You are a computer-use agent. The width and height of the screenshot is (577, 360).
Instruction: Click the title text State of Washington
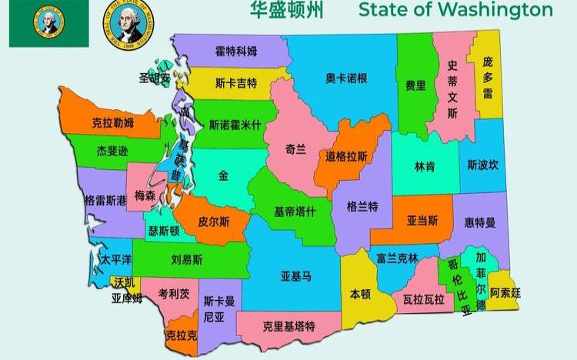click(455, 10)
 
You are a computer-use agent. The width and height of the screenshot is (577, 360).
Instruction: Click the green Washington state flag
click(48, 24)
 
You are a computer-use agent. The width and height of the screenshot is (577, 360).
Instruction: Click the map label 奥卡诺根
click(345, 78)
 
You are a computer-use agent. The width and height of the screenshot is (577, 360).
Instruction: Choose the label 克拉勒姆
click(112, 122)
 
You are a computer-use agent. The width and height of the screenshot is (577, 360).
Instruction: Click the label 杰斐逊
click(112, 151)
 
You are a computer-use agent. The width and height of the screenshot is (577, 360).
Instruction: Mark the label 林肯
click(425, 165)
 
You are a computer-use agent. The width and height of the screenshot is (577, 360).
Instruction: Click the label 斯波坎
click(482, 165)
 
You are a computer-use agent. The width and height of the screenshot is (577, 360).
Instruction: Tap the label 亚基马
click(296, 275)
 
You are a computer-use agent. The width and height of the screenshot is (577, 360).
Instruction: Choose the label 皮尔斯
click(214, 221)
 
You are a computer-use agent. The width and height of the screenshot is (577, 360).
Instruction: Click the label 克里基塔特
click(288, 326)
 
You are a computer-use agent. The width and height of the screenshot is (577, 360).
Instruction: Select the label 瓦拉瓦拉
click(422, 298)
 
